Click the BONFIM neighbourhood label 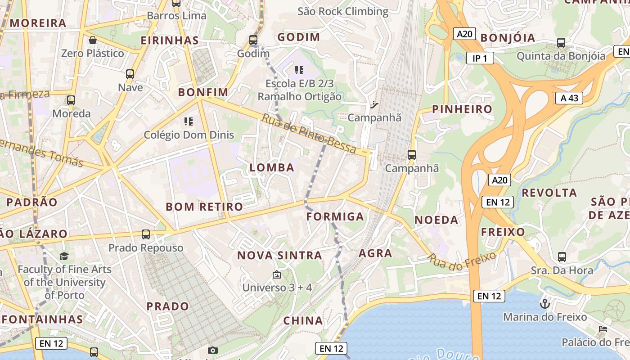203,92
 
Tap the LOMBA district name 272,167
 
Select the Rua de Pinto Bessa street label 309,134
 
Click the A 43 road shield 569,98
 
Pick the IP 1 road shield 480,58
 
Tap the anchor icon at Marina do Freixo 545,303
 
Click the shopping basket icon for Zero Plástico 93,40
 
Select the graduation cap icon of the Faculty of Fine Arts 64,256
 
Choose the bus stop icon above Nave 130,74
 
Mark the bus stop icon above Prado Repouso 146,234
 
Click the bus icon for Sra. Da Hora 562,257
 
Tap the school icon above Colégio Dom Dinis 189,121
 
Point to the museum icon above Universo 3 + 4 277,274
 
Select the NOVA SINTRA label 279,256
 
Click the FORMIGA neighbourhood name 335,216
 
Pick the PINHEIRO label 462,109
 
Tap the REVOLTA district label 549,193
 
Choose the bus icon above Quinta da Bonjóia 561,43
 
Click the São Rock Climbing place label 343,11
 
